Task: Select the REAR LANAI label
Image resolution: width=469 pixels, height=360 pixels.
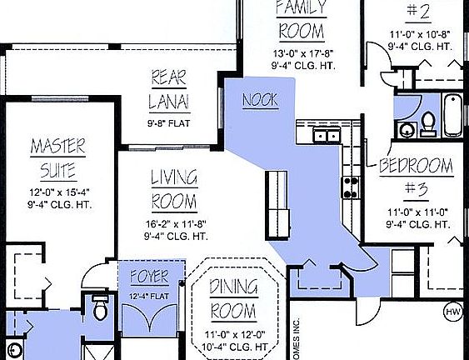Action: [169, 90]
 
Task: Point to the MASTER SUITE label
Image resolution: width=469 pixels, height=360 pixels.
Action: [57, 159]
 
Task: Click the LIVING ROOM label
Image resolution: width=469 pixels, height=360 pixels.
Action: [173, 190]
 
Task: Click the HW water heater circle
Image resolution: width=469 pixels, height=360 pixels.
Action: [453, 312]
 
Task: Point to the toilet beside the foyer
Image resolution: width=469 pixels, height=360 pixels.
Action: [101, 308]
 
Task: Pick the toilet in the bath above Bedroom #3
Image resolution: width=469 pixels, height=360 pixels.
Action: [428, 123]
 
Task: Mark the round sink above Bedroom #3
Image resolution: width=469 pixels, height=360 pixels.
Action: [407, 130]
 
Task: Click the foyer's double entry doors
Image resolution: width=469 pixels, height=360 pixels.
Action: [149, 317]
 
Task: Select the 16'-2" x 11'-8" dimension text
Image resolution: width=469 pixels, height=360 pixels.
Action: [175, 223]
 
